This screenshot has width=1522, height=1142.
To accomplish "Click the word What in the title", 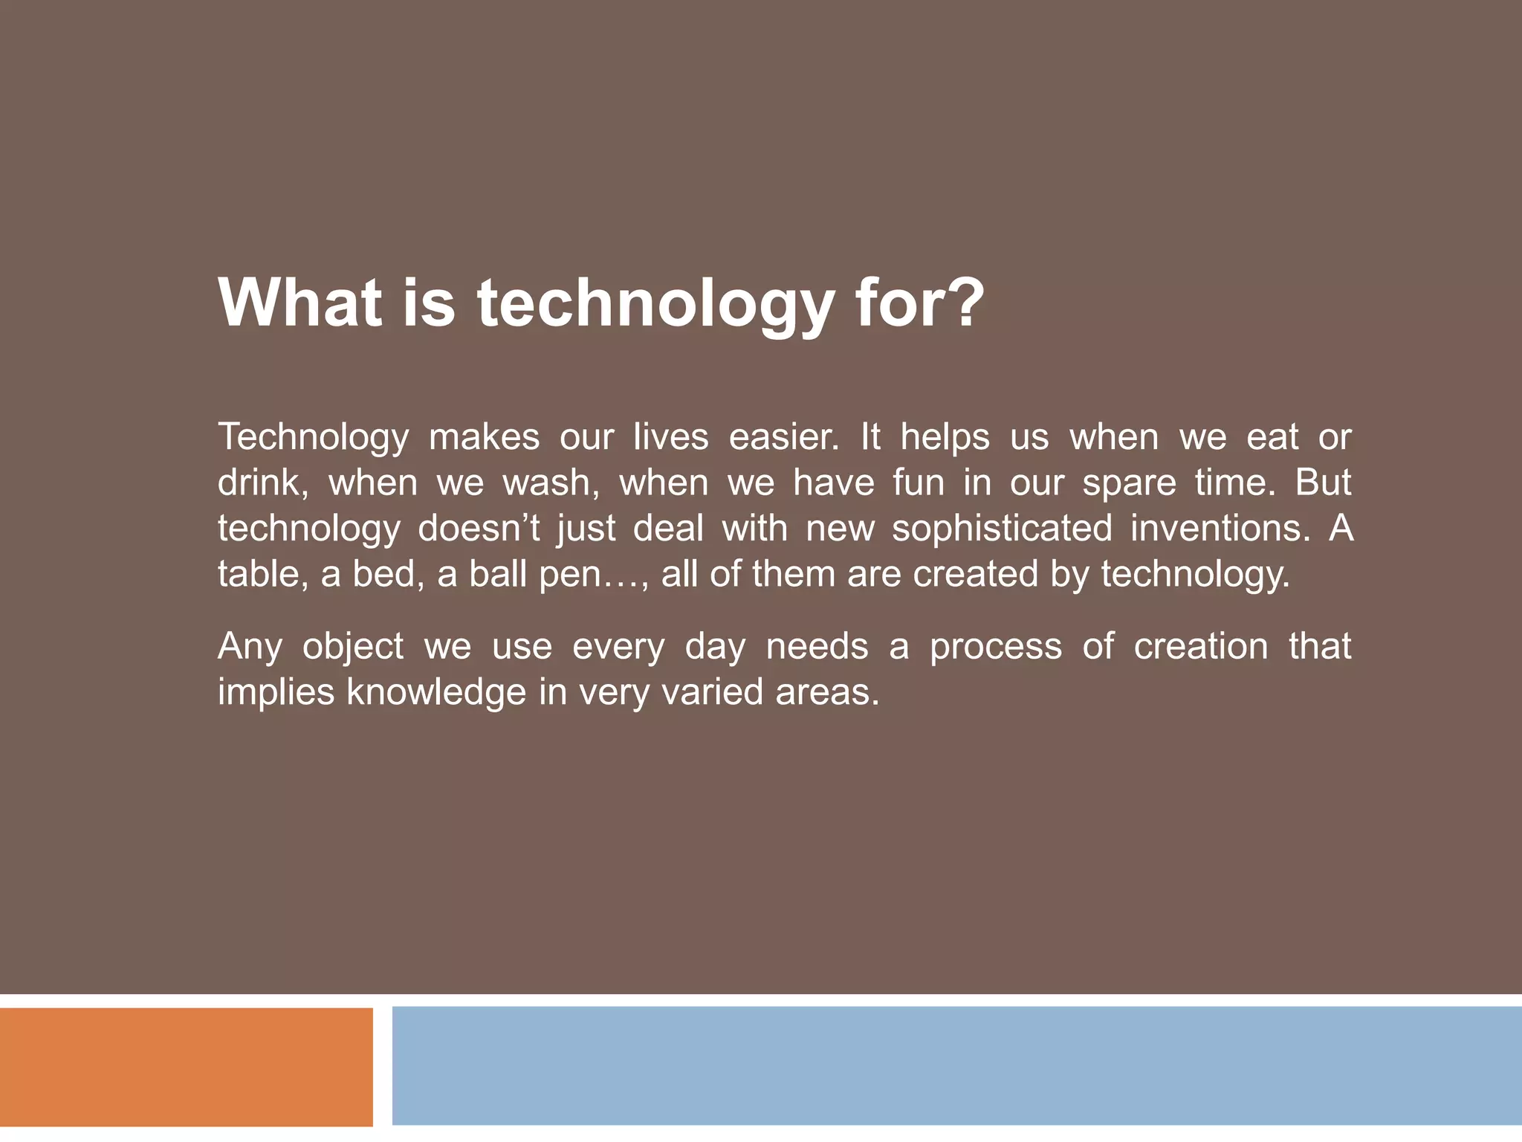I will (300, 303).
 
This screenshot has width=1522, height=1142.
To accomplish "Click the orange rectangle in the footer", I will (186, 1066).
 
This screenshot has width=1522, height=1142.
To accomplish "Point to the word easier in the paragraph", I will (783, 437).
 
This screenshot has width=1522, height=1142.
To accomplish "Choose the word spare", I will (1129, 484).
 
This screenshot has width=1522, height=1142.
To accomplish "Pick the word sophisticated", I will (1001, 530).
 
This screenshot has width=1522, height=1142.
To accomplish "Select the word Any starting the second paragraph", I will (250, 648).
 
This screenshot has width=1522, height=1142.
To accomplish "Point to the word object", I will (352, 648).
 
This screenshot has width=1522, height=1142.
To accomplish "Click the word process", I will (996, 648).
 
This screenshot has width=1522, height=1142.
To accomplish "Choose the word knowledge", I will (436, 693).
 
